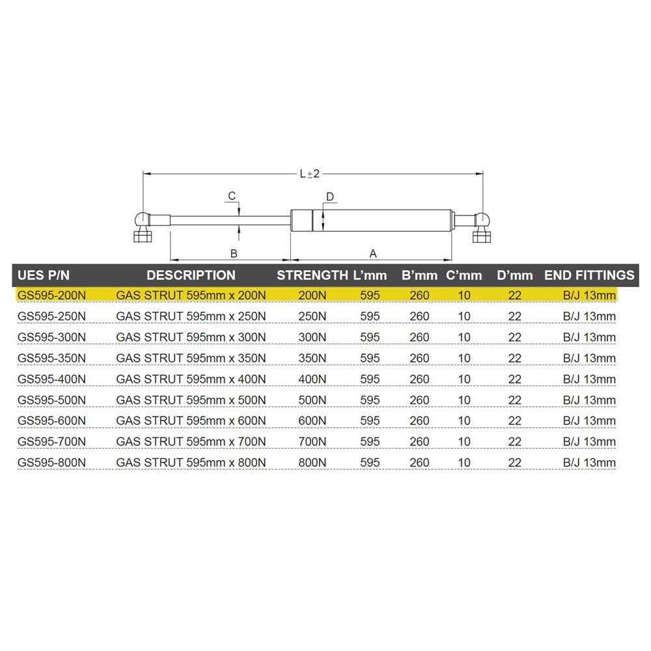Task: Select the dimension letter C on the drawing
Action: pos(231,196)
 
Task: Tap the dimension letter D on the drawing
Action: pos(329,197)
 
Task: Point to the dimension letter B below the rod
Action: pos(233,253)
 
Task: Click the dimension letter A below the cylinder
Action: pos(373,253)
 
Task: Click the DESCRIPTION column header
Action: pos(191,275)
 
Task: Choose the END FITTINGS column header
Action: pos(589,275)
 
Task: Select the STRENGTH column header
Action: pos(312,275)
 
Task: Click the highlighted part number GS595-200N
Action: pos(52,296)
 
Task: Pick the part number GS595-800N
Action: pos(52,463)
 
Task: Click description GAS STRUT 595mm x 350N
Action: pos(191,358)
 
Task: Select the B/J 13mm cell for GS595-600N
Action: pos(589,421)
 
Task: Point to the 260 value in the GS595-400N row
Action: pos(420,380)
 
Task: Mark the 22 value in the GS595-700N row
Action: pos(515,442)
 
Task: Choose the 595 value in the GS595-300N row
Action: pos(370,337)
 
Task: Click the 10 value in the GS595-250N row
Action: pos(464,316)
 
